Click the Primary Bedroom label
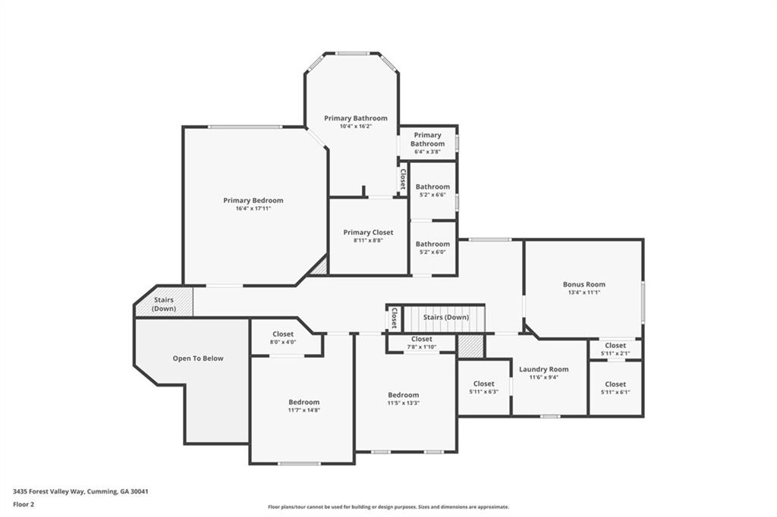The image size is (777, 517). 253,200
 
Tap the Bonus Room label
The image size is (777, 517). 584,284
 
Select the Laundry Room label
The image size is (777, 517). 543,369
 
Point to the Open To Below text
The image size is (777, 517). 198,359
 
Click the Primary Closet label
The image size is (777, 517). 367,233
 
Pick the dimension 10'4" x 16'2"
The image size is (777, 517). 355,127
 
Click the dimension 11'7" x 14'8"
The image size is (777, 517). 304,410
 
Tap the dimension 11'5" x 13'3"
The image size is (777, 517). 403,403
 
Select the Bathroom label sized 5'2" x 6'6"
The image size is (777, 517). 433,186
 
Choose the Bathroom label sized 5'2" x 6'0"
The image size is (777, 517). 433,244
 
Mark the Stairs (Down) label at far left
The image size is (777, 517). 164,304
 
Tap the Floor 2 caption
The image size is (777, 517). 24,503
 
